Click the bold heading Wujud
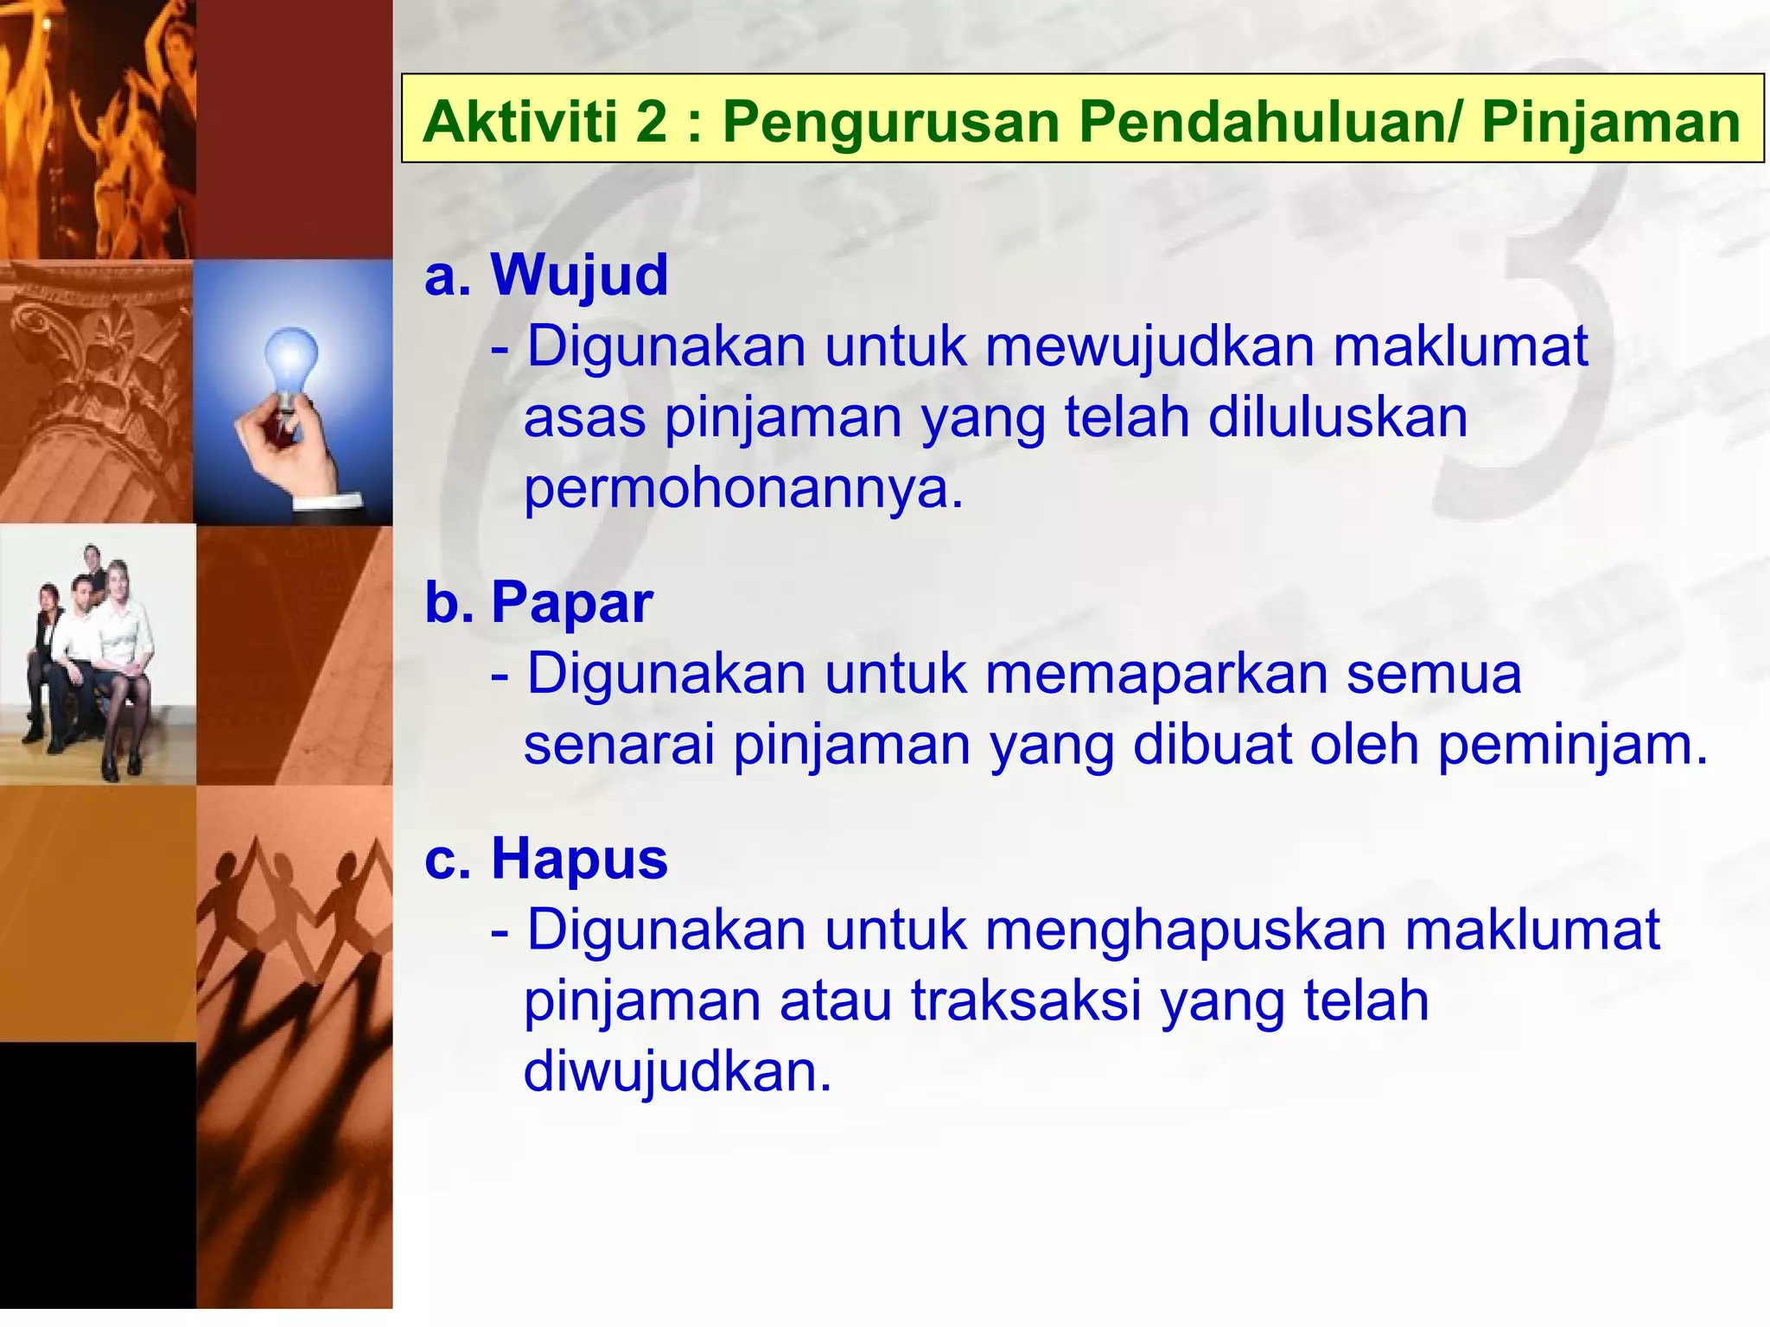coord(579,275)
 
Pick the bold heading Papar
coord(571,602)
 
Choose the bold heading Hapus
coord(579,859)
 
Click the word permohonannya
coord(742,490)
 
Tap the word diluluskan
coord(1337,418)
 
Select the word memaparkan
coord(1156,674)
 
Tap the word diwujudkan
coord(677,1072)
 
